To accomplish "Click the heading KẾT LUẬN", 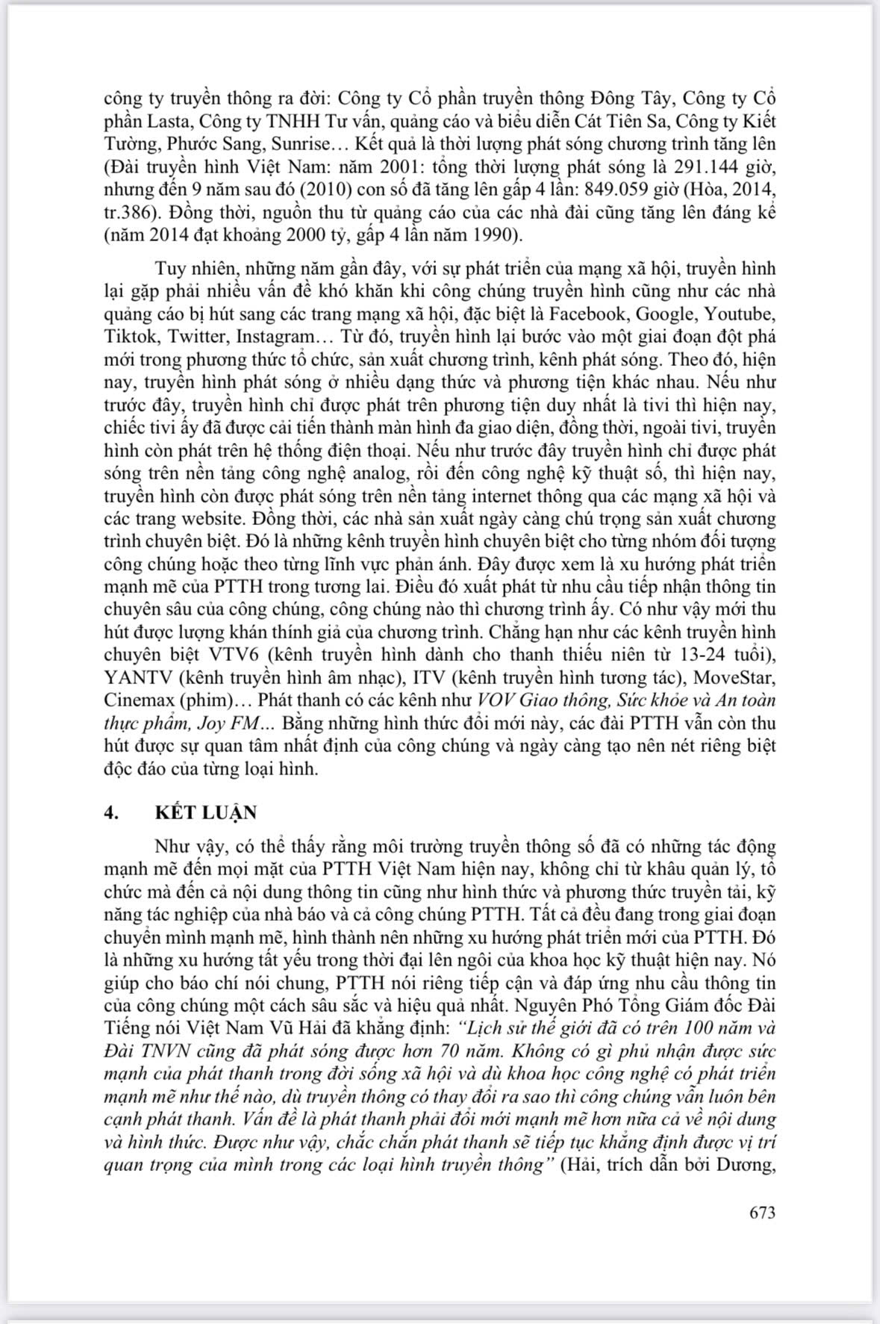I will (206, 813).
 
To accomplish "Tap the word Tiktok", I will (126, 336).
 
